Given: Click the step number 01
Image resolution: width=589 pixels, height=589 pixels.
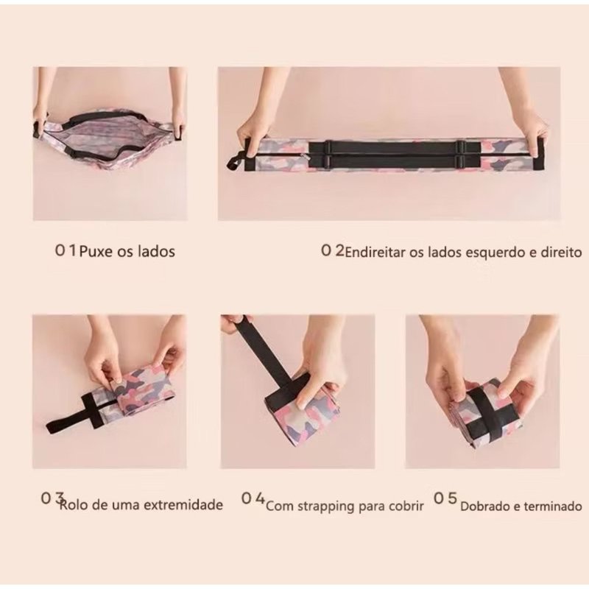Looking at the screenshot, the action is pos(66,250).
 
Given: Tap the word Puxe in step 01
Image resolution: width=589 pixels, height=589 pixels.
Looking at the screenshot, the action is pos(96,251).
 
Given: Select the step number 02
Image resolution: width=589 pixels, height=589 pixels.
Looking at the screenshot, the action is pos(333,250).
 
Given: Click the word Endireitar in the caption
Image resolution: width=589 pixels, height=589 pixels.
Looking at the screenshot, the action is pos(375,252).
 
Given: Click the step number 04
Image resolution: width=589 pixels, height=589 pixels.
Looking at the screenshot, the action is pos(253,498).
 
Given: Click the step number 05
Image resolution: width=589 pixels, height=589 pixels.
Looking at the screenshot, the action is pos(445,498).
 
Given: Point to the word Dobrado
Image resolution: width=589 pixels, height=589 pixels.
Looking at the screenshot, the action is pos(485,507).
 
